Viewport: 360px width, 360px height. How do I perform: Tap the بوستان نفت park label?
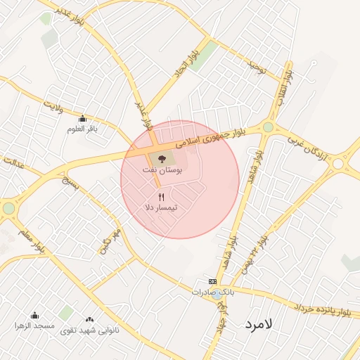pyautogui.click(x=167, y=171)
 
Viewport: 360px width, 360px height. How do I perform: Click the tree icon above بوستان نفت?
pyautogui.click(x=162, y=158)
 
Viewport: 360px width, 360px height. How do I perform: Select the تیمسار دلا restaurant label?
pyautogui.click(x=161, y=208)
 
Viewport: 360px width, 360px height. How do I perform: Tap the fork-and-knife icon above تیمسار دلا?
pyautogui.click(x=162, y=197)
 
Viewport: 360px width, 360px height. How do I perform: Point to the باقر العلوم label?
pyautogui.click(x=82, y=129)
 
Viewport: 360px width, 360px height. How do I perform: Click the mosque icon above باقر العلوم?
pyautogui.click(x=83, y=118)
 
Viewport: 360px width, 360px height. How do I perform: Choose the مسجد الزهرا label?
pyautogui.click(x=35, y=326)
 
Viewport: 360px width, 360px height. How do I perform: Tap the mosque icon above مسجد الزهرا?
pyautogui.click(x=35, y=316)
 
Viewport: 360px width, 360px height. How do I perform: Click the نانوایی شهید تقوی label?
pyautogui.click(x=89, y=330)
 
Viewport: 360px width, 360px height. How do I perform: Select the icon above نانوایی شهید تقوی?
pyautogui.click(x=89, y=319)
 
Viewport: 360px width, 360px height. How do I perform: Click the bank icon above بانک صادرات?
pyautogui.click(x=212, y=281)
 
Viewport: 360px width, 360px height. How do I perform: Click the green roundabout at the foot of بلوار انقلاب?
pyautogui.click(x=268, y=127)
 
